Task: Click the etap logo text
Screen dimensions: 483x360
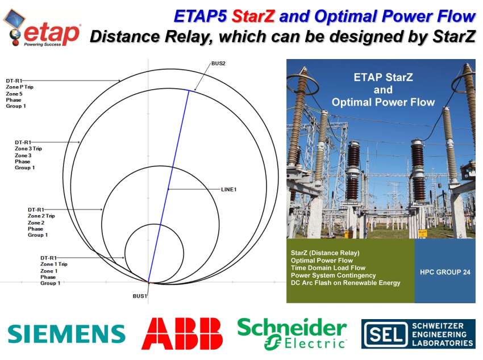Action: click(52, 34)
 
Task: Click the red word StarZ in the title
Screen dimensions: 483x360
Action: click(253, 16)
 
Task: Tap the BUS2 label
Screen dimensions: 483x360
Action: click(218, 64)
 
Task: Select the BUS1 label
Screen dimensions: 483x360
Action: click(140, 296)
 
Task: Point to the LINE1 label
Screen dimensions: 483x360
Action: click(229, 190)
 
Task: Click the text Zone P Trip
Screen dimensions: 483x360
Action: click(20, 87)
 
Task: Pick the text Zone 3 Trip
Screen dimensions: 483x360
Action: click(28, 149)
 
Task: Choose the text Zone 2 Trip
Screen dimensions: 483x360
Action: click(41, 216)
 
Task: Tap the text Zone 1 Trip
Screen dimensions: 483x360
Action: click(54, 264)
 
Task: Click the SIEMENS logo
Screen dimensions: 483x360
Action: click(66, 334)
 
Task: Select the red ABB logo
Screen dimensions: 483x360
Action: click(182, 333)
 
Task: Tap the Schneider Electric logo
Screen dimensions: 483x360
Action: click(292, 334)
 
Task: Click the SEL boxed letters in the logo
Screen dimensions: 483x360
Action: click(385, 334)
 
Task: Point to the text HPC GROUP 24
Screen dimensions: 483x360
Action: click(445, 272)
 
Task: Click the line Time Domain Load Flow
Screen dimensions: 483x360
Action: click(328, 268)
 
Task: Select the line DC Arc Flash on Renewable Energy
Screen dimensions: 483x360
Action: click(345, 283)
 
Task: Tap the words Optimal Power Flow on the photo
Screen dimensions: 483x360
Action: click(383, 102)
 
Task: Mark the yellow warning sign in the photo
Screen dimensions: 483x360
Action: click(423, 233)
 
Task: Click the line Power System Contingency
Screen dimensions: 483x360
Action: click(334, 275)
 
